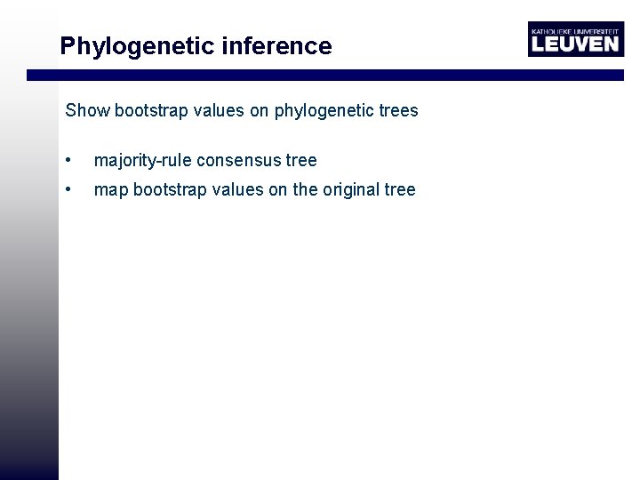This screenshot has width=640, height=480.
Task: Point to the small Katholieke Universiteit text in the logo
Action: [574, 29]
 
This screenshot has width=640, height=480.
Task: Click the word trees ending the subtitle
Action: [396, 111]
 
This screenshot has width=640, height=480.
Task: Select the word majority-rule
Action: [142, 161]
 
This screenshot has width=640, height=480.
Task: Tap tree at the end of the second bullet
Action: [400, 189]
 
